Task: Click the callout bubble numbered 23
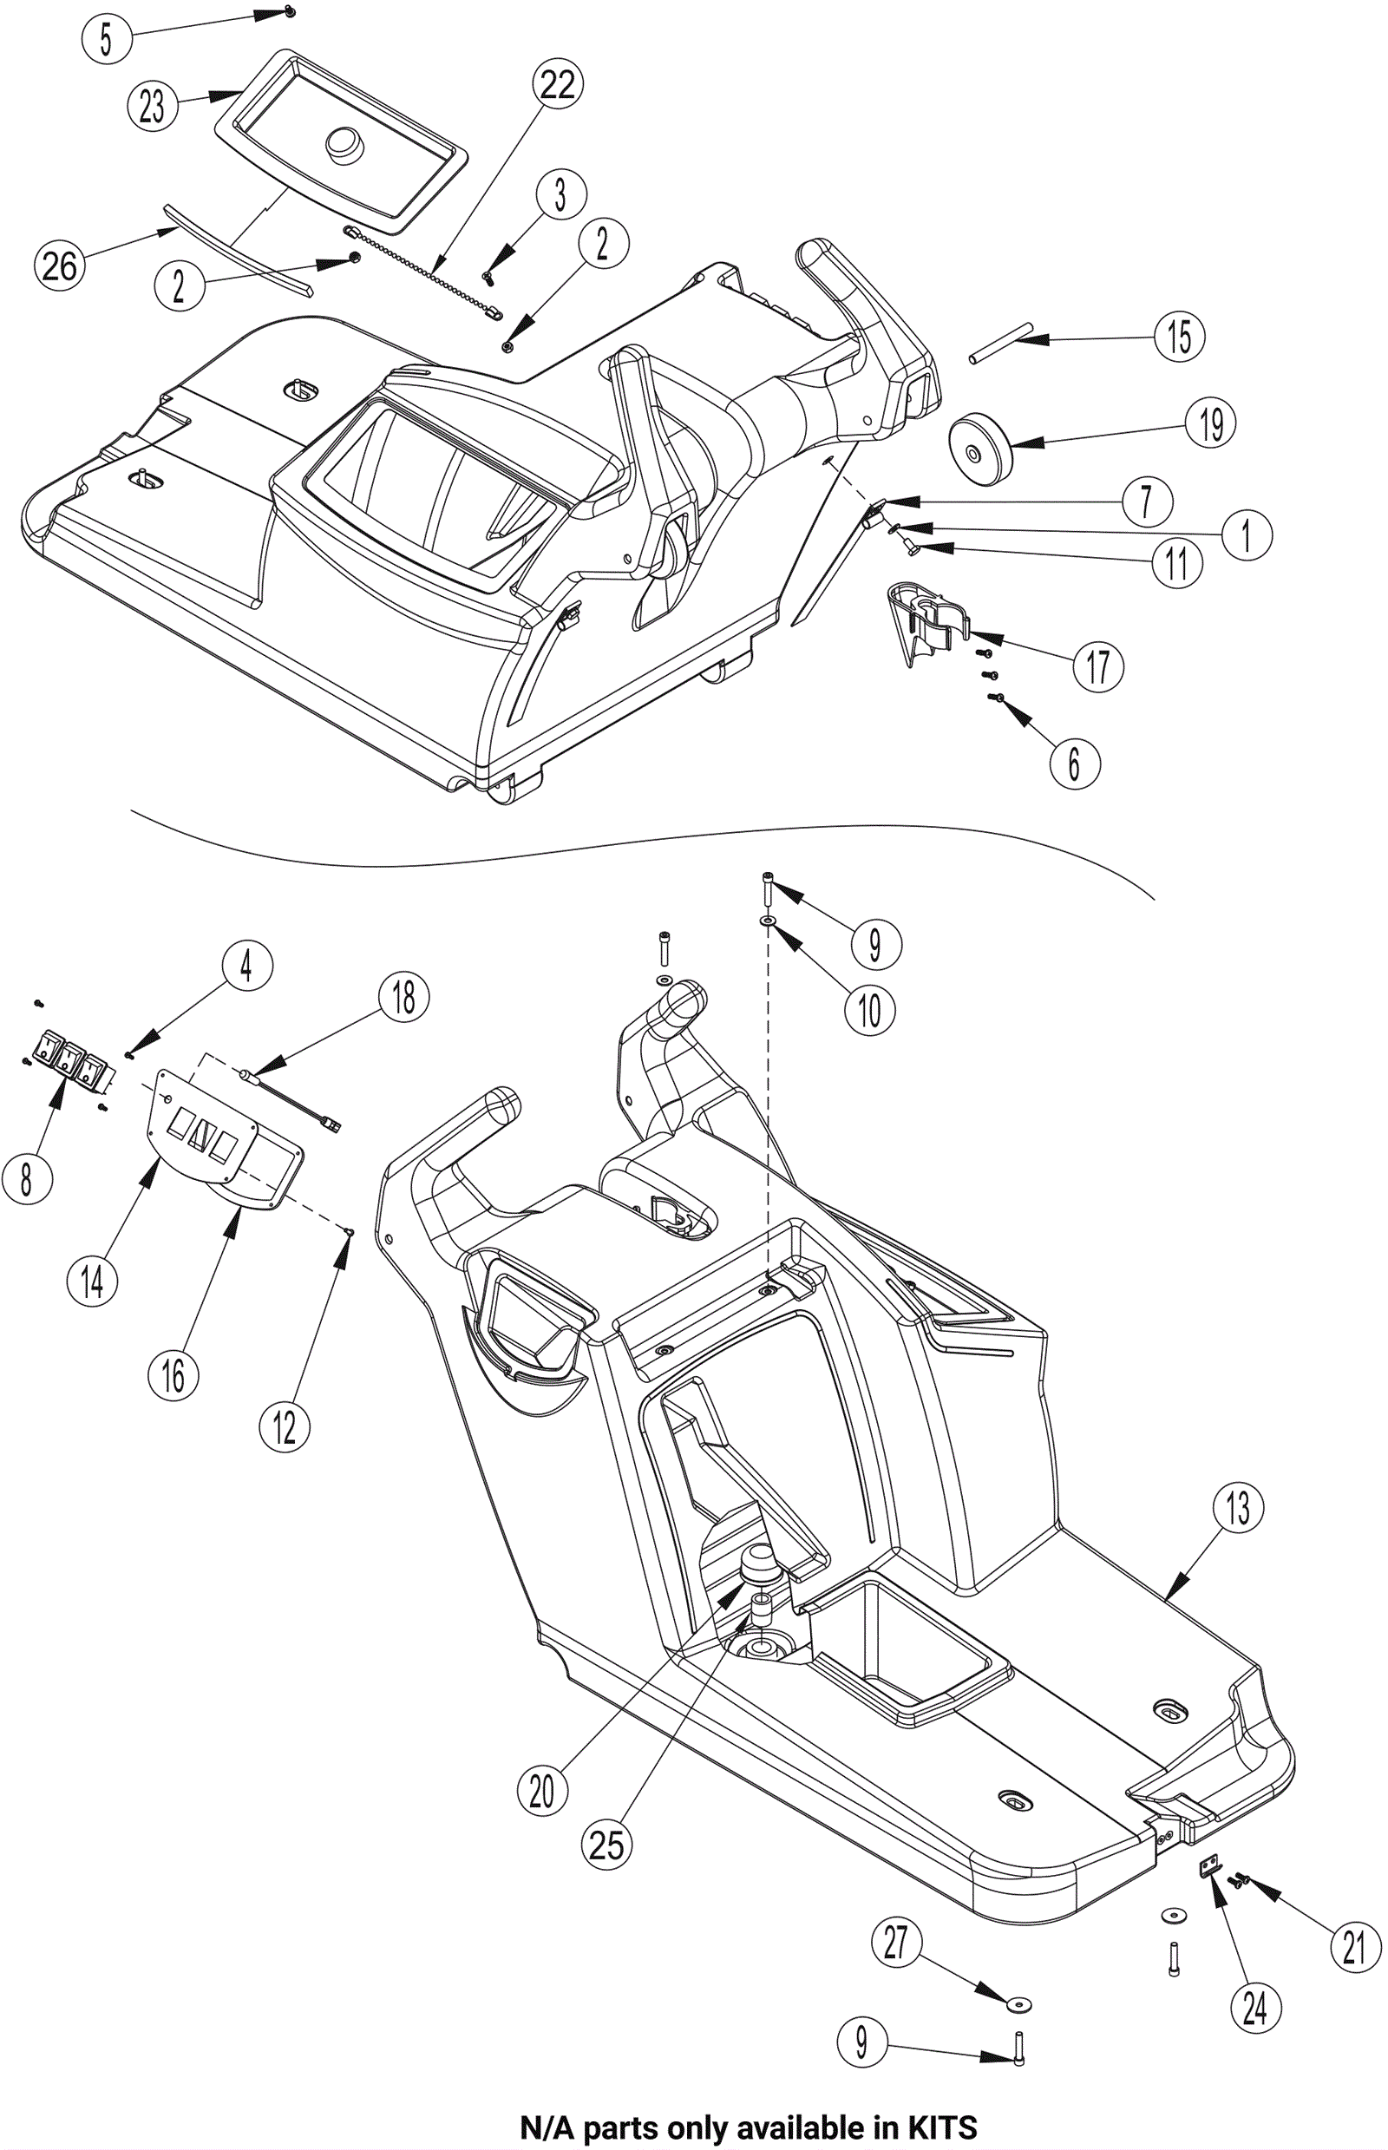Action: (x=153, y=106)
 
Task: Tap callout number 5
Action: (x=107, y=39)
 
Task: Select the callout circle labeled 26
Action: (x=60, y=266)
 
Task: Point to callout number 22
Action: (x=558, y=84)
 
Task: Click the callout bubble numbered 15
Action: (x=1180, y=337)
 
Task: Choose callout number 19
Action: (x=1211, y=423)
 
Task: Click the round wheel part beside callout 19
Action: (x=979, y=446)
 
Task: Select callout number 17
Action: (x=1097, y=666)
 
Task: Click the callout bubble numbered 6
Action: (x=1075, y=763)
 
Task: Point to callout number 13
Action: (x=1237, y=1507)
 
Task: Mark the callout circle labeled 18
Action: (x=403, y=997)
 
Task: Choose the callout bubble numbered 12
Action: (x=284, y=1426)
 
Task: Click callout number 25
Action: (x=606, y=1843)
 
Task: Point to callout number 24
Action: (x=1254, y=2008)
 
